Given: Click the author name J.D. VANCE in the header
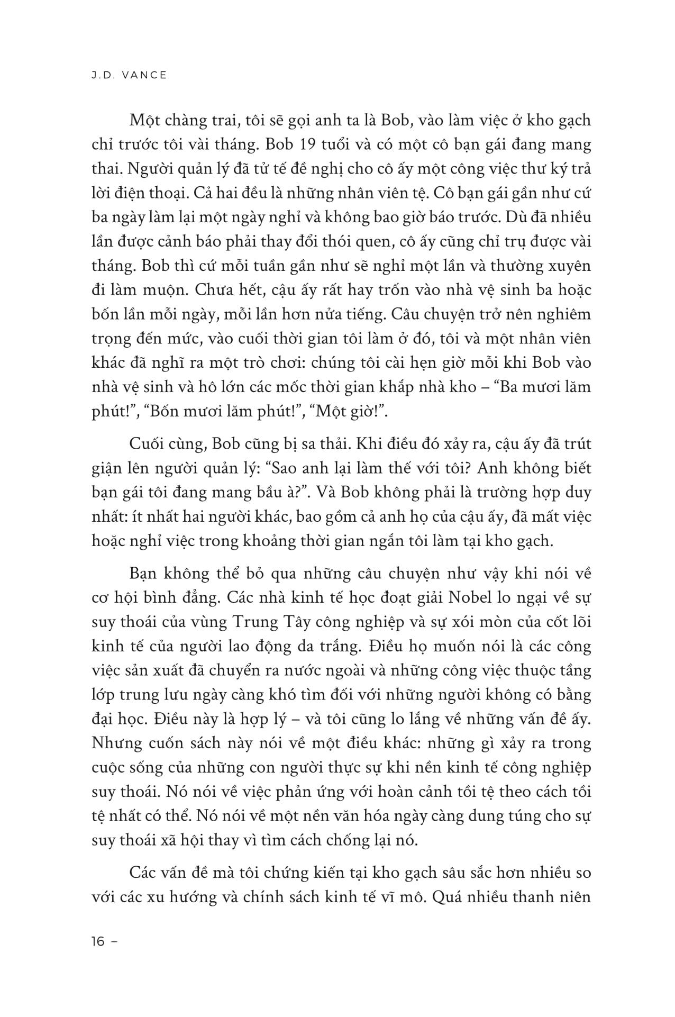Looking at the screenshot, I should click(129, 75).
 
